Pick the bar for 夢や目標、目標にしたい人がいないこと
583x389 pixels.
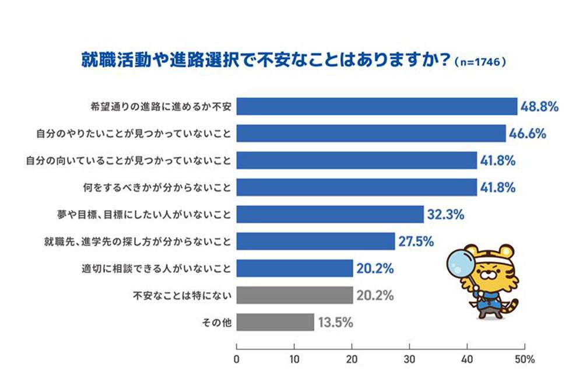click(x=330, y=215)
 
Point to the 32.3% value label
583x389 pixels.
click(x=445, y=215)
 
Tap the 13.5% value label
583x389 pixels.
click(x=335, y=323)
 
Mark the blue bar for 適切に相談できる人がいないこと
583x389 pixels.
click(x=295, y=269)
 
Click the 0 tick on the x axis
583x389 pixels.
click(x=237, y=360)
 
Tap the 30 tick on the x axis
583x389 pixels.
click(x=410, y=360)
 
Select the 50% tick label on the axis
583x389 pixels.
click(x=525, y=360)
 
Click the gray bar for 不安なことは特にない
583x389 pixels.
click(x=295, y=296)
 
